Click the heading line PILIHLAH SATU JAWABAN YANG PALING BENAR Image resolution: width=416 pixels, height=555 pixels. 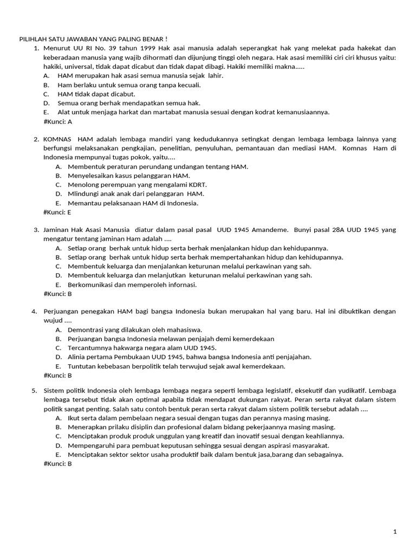[x=93, y=40]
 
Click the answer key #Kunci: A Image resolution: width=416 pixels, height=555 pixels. [x=57, y=121]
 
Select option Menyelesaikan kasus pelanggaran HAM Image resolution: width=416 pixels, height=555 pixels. [x=129, y=176]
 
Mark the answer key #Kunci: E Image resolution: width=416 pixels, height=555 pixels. [x=57, y=212]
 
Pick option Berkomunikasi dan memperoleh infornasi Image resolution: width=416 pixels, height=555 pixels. [x=132, y=285]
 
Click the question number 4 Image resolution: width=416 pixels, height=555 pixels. [x=34, y=311]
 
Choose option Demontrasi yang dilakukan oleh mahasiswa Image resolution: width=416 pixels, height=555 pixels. [x=135, y=330]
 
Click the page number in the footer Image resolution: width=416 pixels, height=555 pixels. [x=395, y=532]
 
